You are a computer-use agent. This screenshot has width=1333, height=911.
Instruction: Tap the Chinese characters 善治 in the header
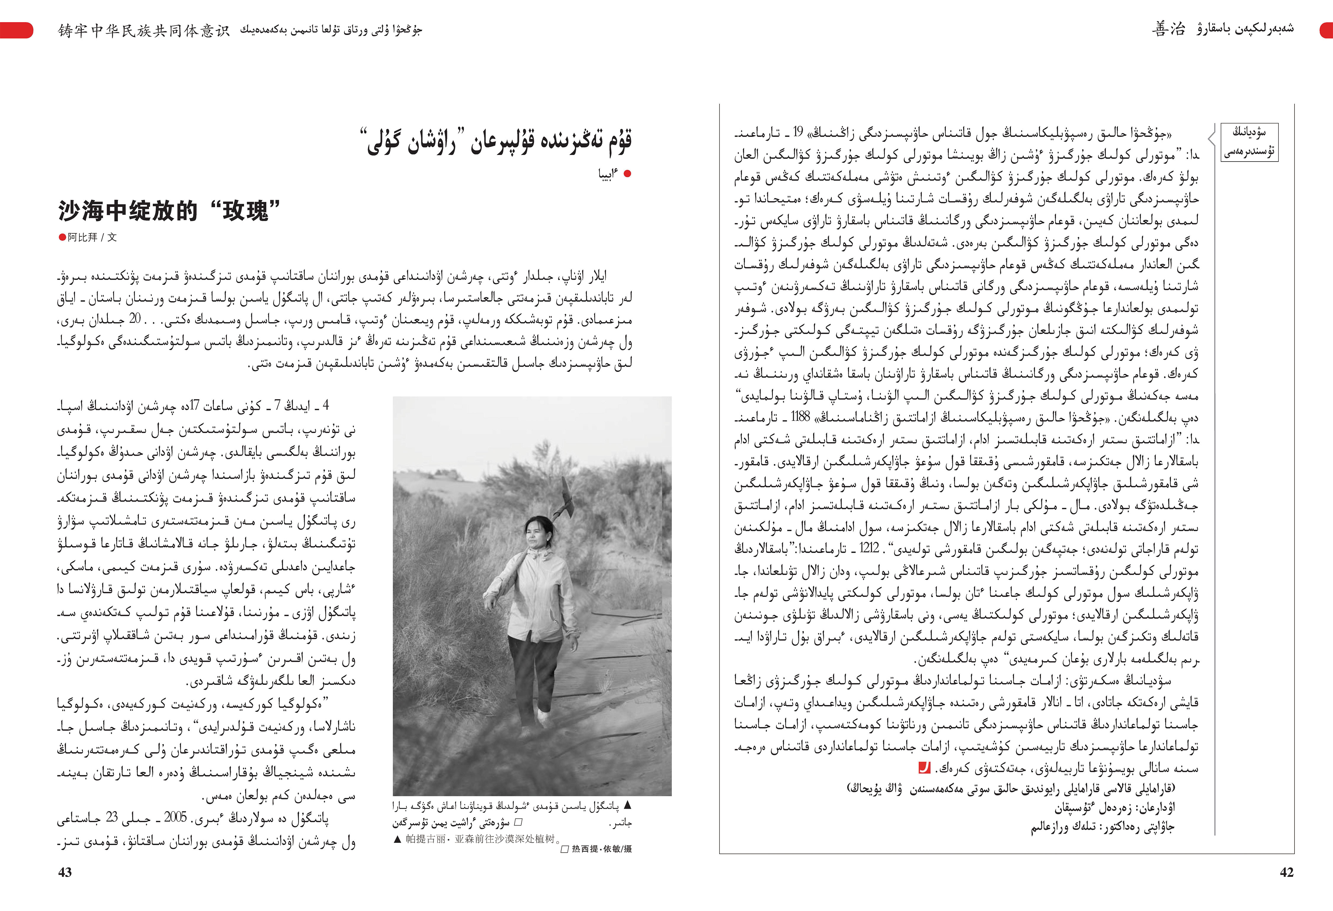pos(1168,29)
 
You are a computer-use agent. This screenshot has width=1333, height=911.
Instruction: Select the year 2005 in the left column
pos(176,817)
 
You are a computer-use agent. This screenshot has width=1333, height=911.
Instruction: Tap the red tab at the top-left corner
pos(16,30)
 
